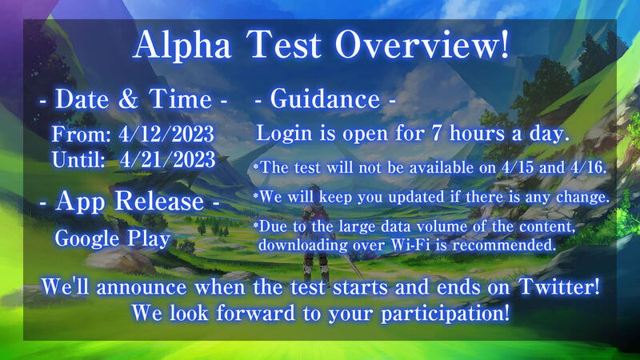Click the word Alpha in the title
pyautogui.click(x=182, y=46)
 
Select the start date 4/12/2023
pyautogui.click(x=166, y=134)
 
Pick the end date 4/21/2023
pyautogui.click(x=168, y=159)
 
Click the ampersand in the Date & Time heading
pyautogui.click(x=128, y=99)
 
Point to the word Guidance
pyautogui.click(x=325, y=99)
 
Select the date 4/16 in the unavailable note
pyautogui.click(x=590, y=167)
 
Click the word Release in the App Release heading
pyautogui.click(x=159, y=201)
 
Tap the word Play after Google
pyautogui.click(x=149, y=238)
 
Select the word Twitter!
pyautogui.click(x=559, y=286)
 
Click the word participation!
pyautogui.click(x=446, y=314)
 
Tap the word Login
pyautogui.click(x=284, y=133)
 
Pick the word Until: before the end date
pyautogui.click(x=78, y=159)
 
